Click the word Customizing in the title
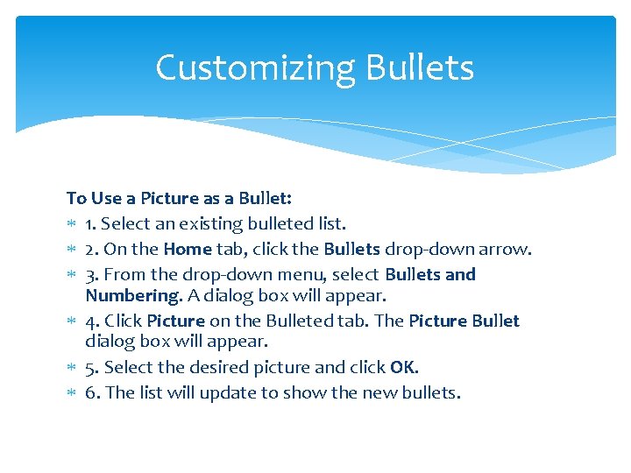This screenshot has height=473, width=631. (256, 68)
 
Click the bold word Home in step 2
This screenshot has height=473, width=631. (188, 249)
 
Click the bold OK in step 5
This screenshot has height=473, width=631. (403, 368)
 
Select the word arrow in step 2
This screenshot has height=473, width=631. (506, 249)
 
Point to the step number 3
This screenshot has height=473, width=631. (91, 274)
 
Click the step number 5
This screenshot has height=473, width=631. (91, 368)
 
